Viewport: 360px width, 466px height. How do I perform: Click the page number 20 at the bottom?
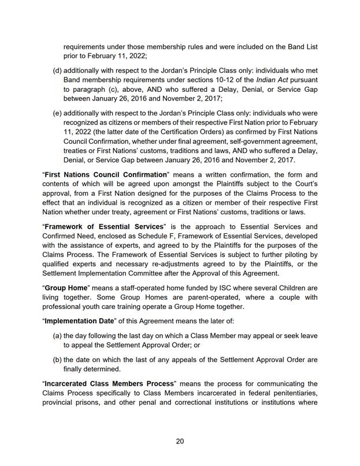pyautogui.click(x=180, y=441)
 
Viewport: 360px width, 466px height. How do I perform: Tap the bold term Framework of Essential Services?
pyautogui.click(x=95, y=227)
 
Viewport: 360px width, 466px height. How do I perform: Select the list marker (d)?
pyautogui.click(x=57, y=70)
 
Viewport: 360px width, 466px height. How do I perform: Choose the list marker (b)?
pyautogui.click(x=57, y=359)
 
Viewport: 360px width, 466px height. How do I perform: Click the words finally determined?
pyautogui.click(x=91, y=369)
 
